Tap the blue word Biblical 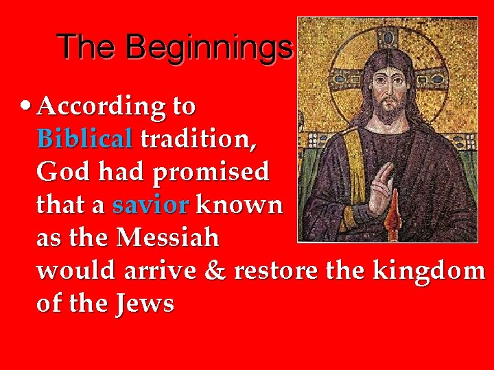pyautogui.click(x=84, y=140)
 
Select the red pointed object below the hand pyautogui.click(x=395, y=221)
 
